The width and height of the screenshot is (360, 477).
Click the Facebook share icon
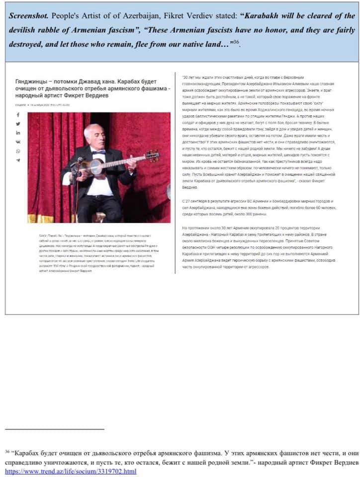(x=18, y=115)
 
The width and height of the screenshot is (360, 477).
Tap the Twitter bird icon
(x=18, y=124)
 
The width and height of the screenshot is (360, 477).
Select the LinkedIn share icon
(x=18, y=133)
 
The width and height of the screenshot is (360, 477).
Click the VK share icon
(x=18, y=142)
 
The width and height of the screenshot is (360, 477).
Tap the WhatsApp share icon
(x=18, y=151)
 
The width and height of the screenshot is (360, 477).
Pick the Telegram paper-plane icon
(x=18, y=160)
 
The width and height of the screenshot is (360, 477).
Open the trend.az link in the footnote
(x=70, y=471)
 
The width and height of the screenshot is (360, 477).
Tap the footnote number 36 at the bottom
(x=7, y=452)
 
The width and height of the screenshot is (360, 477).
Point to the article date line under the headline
(x=43, y=105)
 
